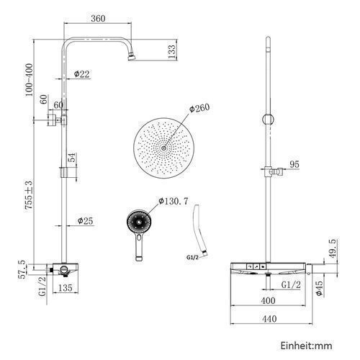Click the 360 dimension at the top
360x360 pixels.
pos(98,19)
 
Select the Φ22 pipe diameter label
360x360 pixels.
pos(81,74)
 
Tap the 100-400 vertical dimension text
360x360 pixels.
pos(29,80)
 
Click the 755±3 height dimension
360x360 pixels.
pos(29,196)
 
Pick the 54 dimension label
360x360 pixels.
pos(72,158)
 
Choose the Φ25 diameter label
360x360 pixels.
pos(85,221)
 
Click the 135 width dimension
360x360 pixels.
pos(65,288)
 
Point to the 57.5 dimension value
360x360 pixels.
pos(22,269)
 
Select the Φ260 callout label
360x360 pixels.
pos(199,108)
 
